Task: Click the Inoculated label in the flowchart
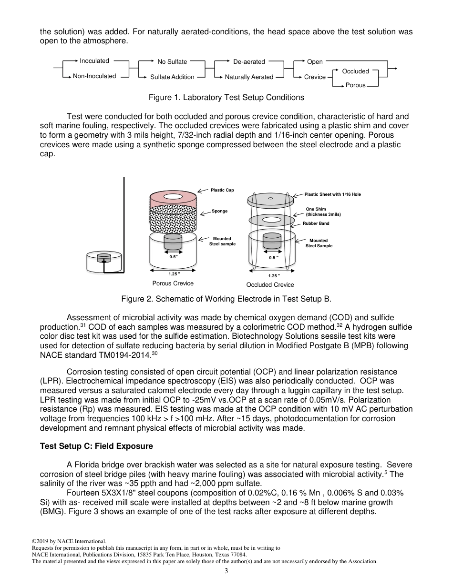[94, 61]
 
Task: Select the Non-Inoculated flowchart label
[94, 76]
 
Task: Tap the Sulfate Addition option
[172, 77]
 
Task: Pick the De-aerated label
[249, 61]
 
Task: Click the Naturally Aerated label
[249, 77]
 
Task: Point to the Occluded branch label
[355, 71]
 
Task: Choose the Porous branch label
[355, 85]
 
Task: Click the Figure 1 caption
[226, 98]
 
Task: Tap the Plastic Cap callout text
[222, 190]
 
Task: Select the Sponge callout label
[220, 211]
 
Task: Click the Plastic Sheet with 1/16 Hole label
[332, 194]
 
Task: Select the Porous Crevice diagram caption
[173, 283]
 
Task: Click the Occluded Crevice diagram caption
[270, 285]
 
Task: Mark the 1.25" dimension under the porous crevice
[174, 274]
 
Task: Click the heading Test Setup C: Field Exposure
[96, 446]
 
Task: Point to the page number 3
[226, 571]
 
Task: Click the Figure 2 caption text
[226, 299]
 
